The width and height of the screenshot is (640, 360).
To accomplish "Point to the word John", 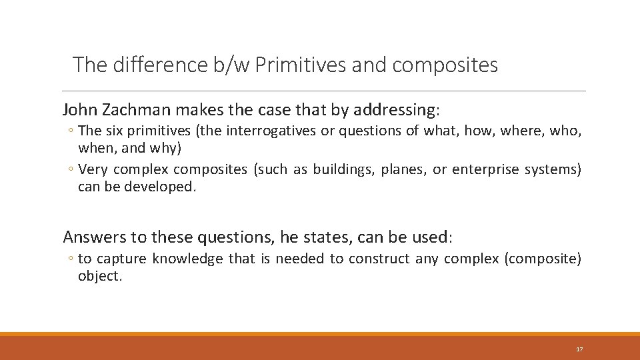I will (79, 109).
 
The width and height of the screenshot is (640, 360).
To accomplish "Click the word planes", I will (405, 169).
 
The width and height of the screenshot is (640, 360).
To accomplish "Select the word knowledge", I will (187, 259).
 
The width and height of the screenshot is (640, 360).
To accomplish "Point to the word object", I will (100, 276).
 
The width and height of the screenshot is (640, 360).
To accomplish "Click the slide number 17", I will (579, 349).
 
